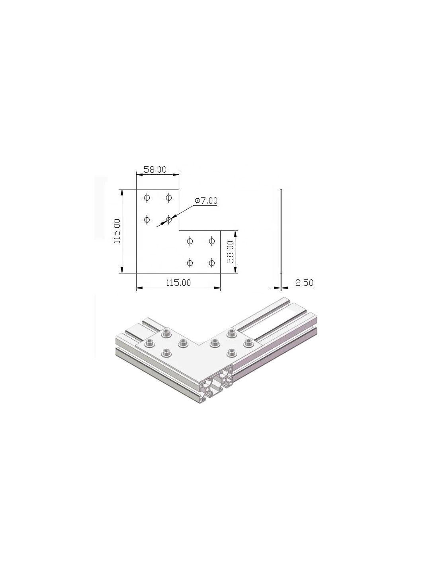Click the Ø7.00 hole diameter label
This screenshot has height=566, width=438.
point(206,201)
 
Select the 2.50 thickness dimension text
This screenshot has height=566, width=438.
point(304,283)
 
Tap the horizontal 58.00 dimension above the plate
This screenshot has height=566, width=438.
point(155,170)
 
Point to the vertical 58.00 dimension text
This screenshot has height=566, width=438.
point(230,252)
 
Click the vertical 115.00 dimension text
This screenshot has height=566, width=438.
point(117,231)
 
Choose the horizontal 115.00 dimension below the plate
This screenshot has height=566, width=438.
point(178,283)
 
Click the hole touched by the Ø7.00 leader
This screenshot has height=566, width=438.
point(169,220)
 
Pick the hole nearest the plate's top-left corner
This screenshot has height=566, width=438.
point(147,198)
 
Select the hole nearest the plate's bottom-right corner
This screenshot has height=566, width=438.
point(212,263)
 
